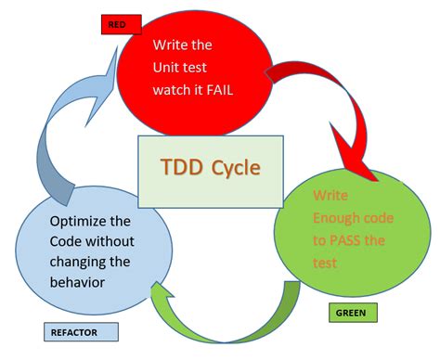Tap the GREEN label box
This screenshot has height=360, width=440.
353,314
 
